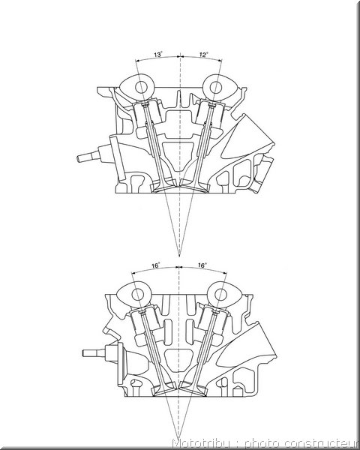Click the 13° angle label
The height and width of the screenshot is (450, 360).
(158, 55)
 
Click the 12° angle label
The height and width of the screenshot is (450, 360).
(203, 55)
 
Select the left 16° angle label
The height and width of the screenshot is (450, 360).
(156, 265)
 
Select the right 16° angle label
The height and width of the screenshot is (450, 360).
(202, 265)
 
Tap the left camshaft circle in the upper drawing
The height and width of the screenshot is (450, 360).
(141, 88)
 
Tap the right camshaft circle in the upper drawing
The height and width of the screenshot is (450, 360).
(215, 88)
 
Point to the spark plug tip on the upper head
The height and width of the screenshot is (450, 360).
(78, 157)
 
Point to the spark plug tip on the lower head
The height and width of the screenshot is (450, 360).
(84, 353)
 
